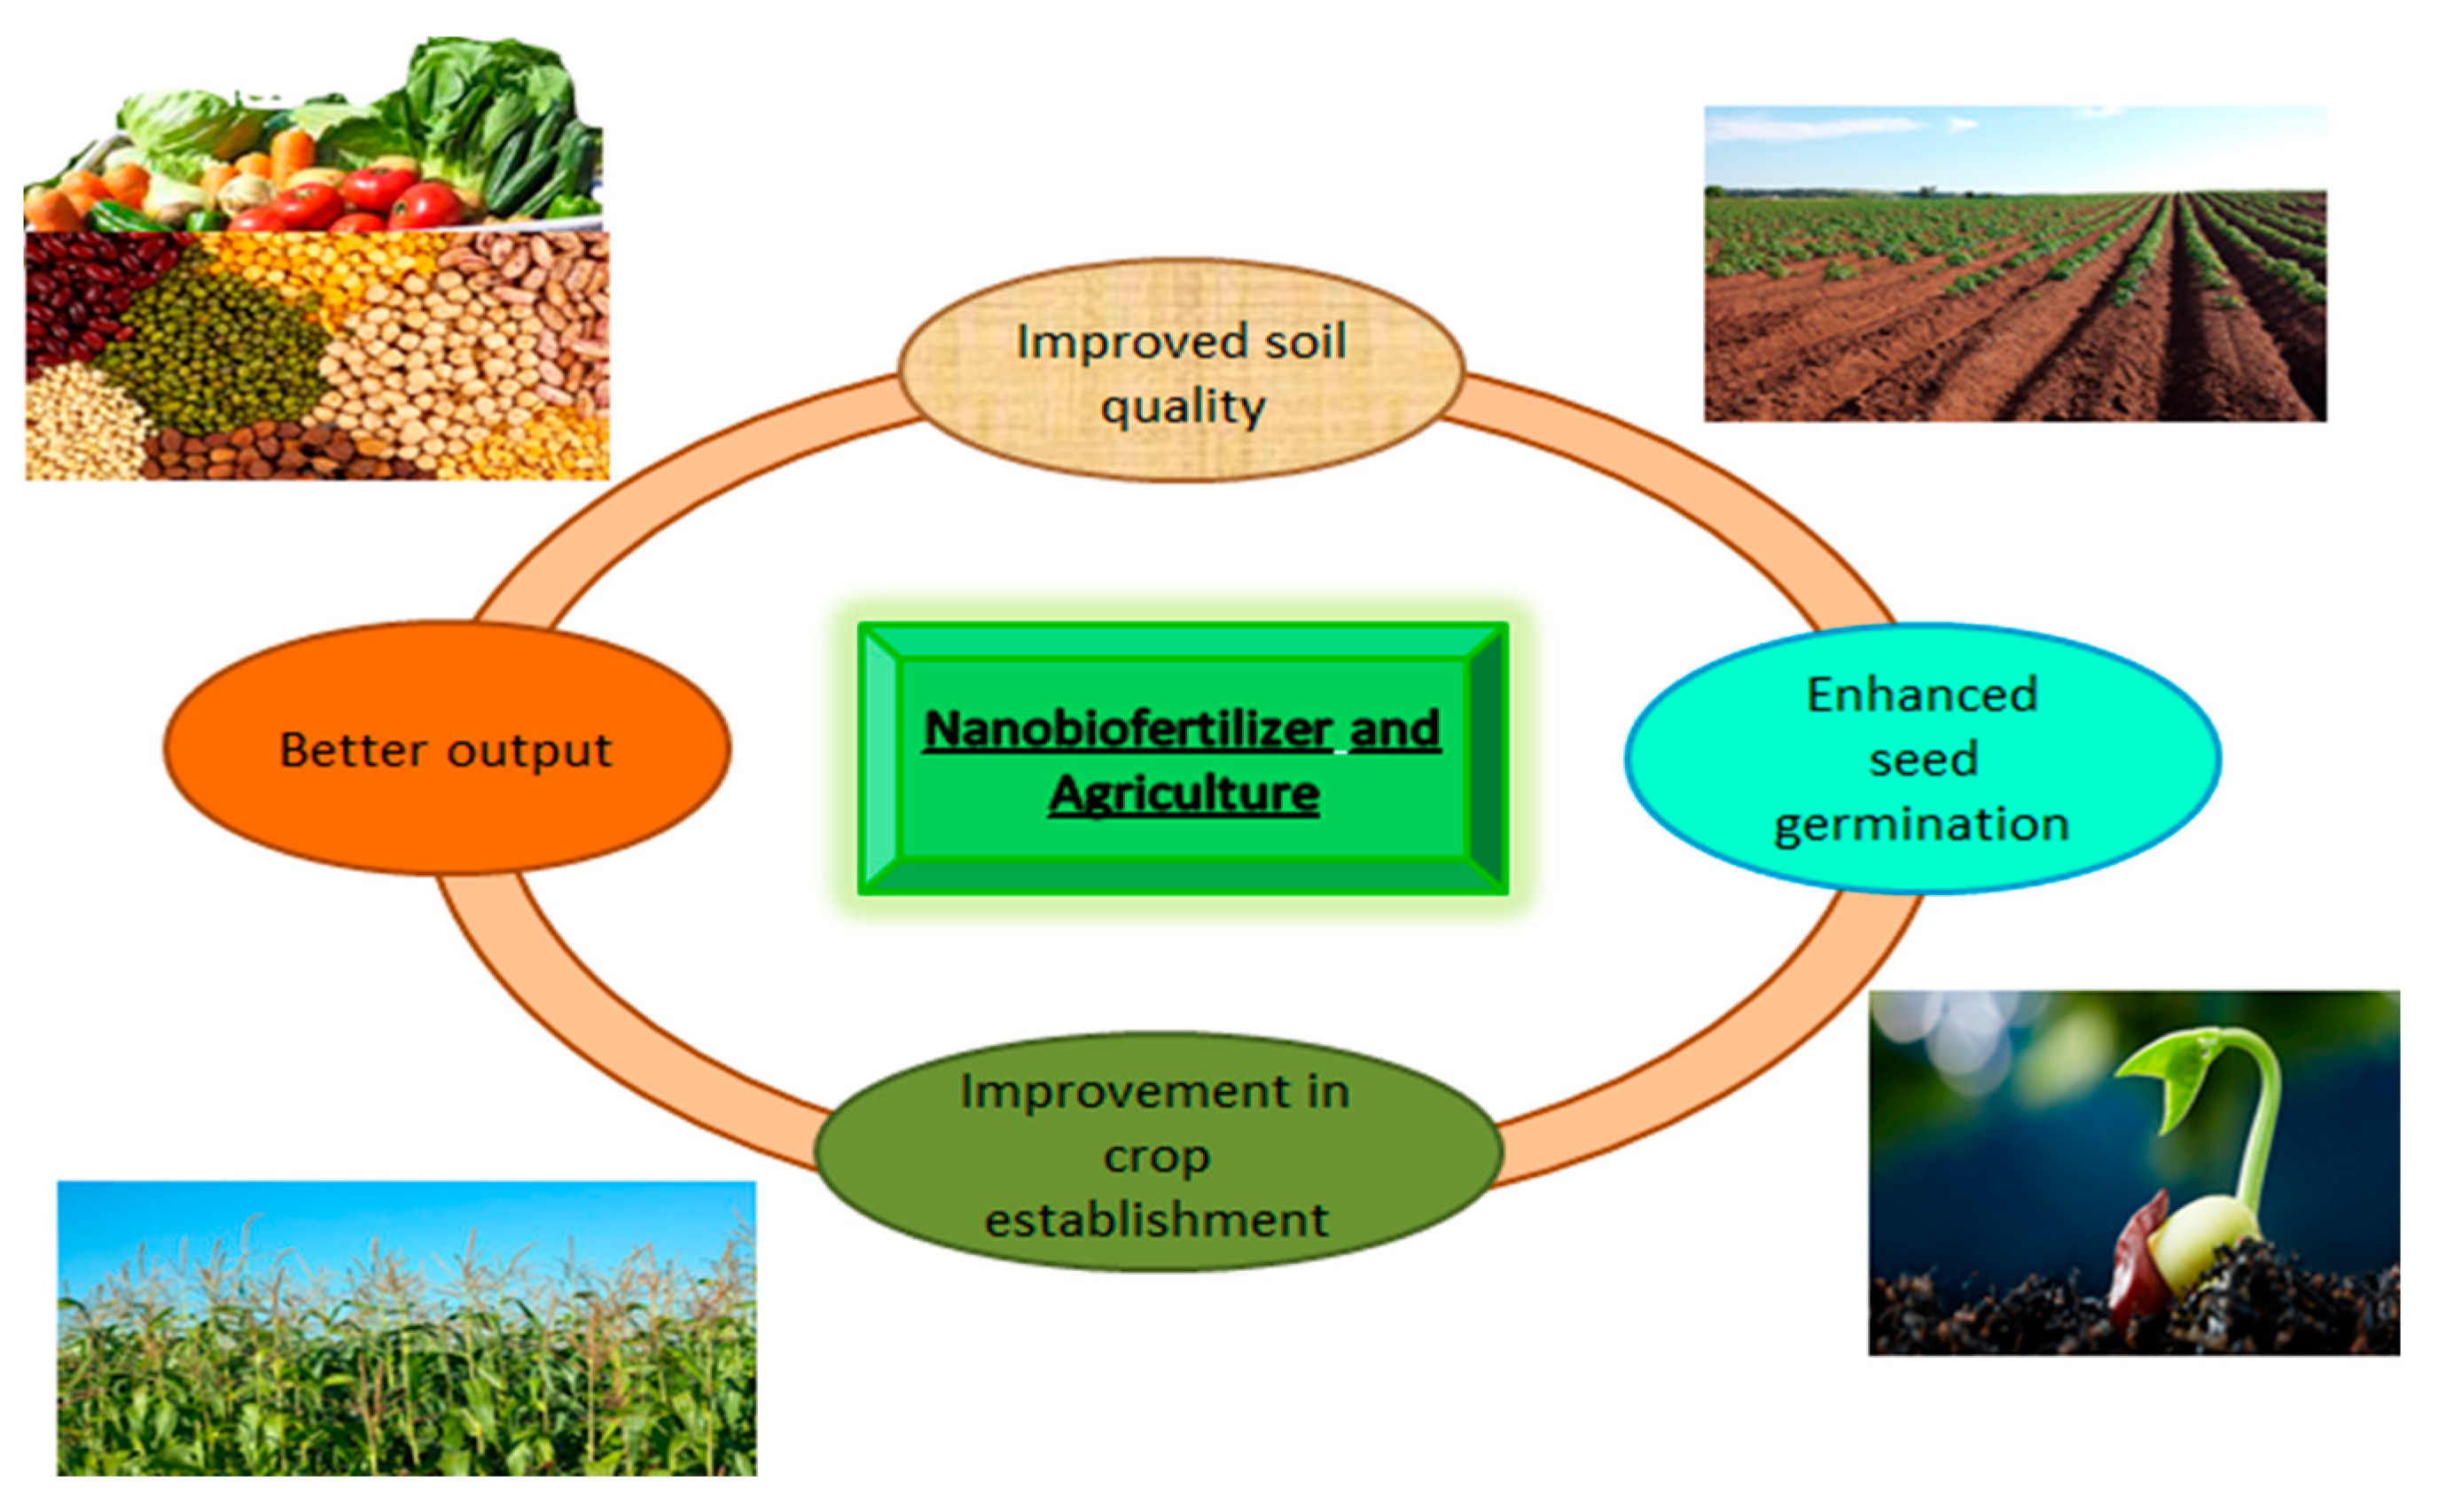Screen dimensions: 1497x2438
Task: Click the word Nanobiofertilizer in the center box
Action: (x=1127, y=729)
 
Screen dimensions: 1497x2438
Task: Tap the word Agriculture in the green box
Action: (x=1184, y=794)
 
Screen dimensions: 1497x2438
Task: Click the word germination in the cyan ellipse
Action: (x=1921, y=823)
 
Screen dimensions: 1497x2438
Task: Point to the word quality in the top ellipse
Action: (x=1184, y=407)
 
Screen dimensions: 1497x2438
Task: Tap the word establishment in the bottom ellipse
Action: (x=1156, y=1220)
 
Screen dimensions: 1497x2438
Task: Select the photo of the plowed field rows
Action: (x=2014, y=297)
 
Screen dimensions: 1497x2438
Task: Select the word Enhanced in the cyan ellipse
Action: (x=1921, y=694)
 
